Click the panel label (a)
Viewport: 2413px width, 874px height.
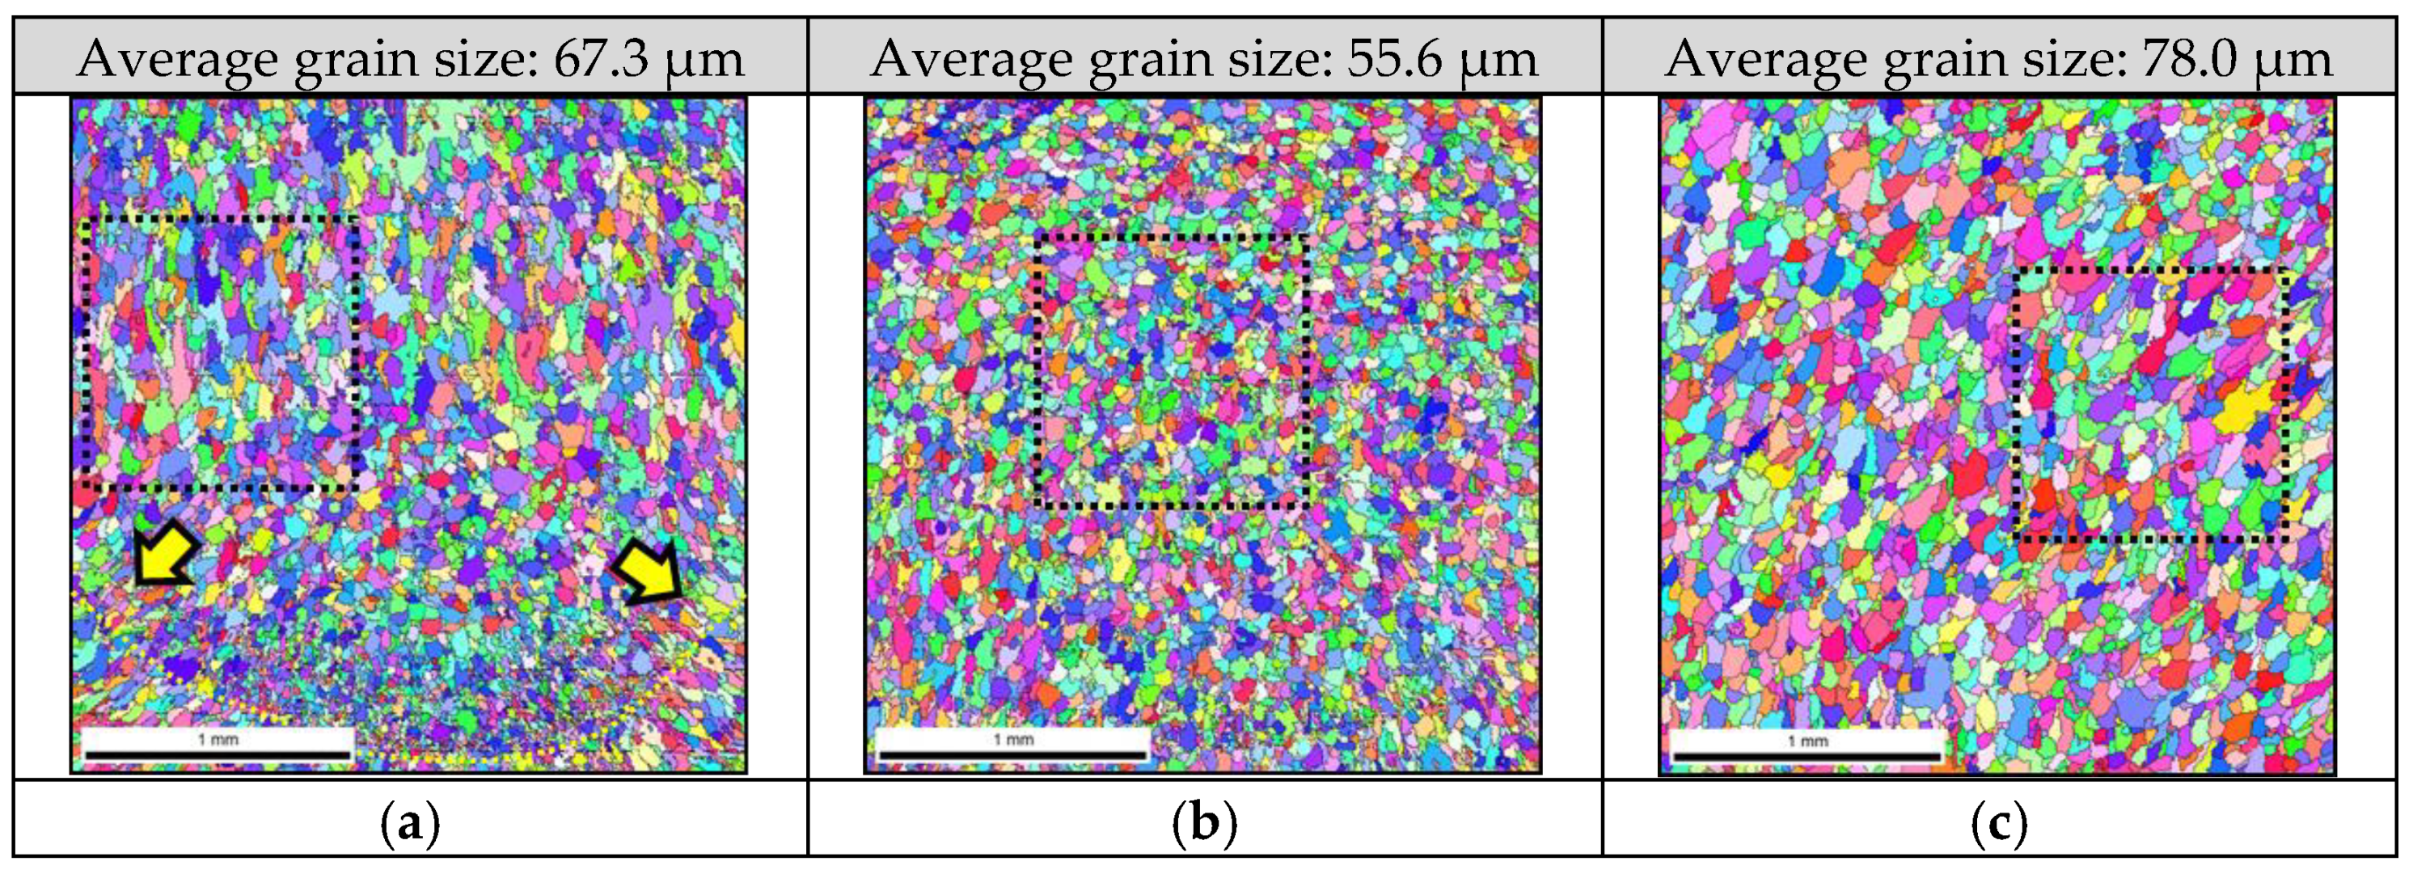410,825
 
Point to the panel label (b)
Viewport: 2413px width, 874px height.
1205,825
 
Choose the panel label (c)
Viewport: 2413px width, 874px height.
1999,825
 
